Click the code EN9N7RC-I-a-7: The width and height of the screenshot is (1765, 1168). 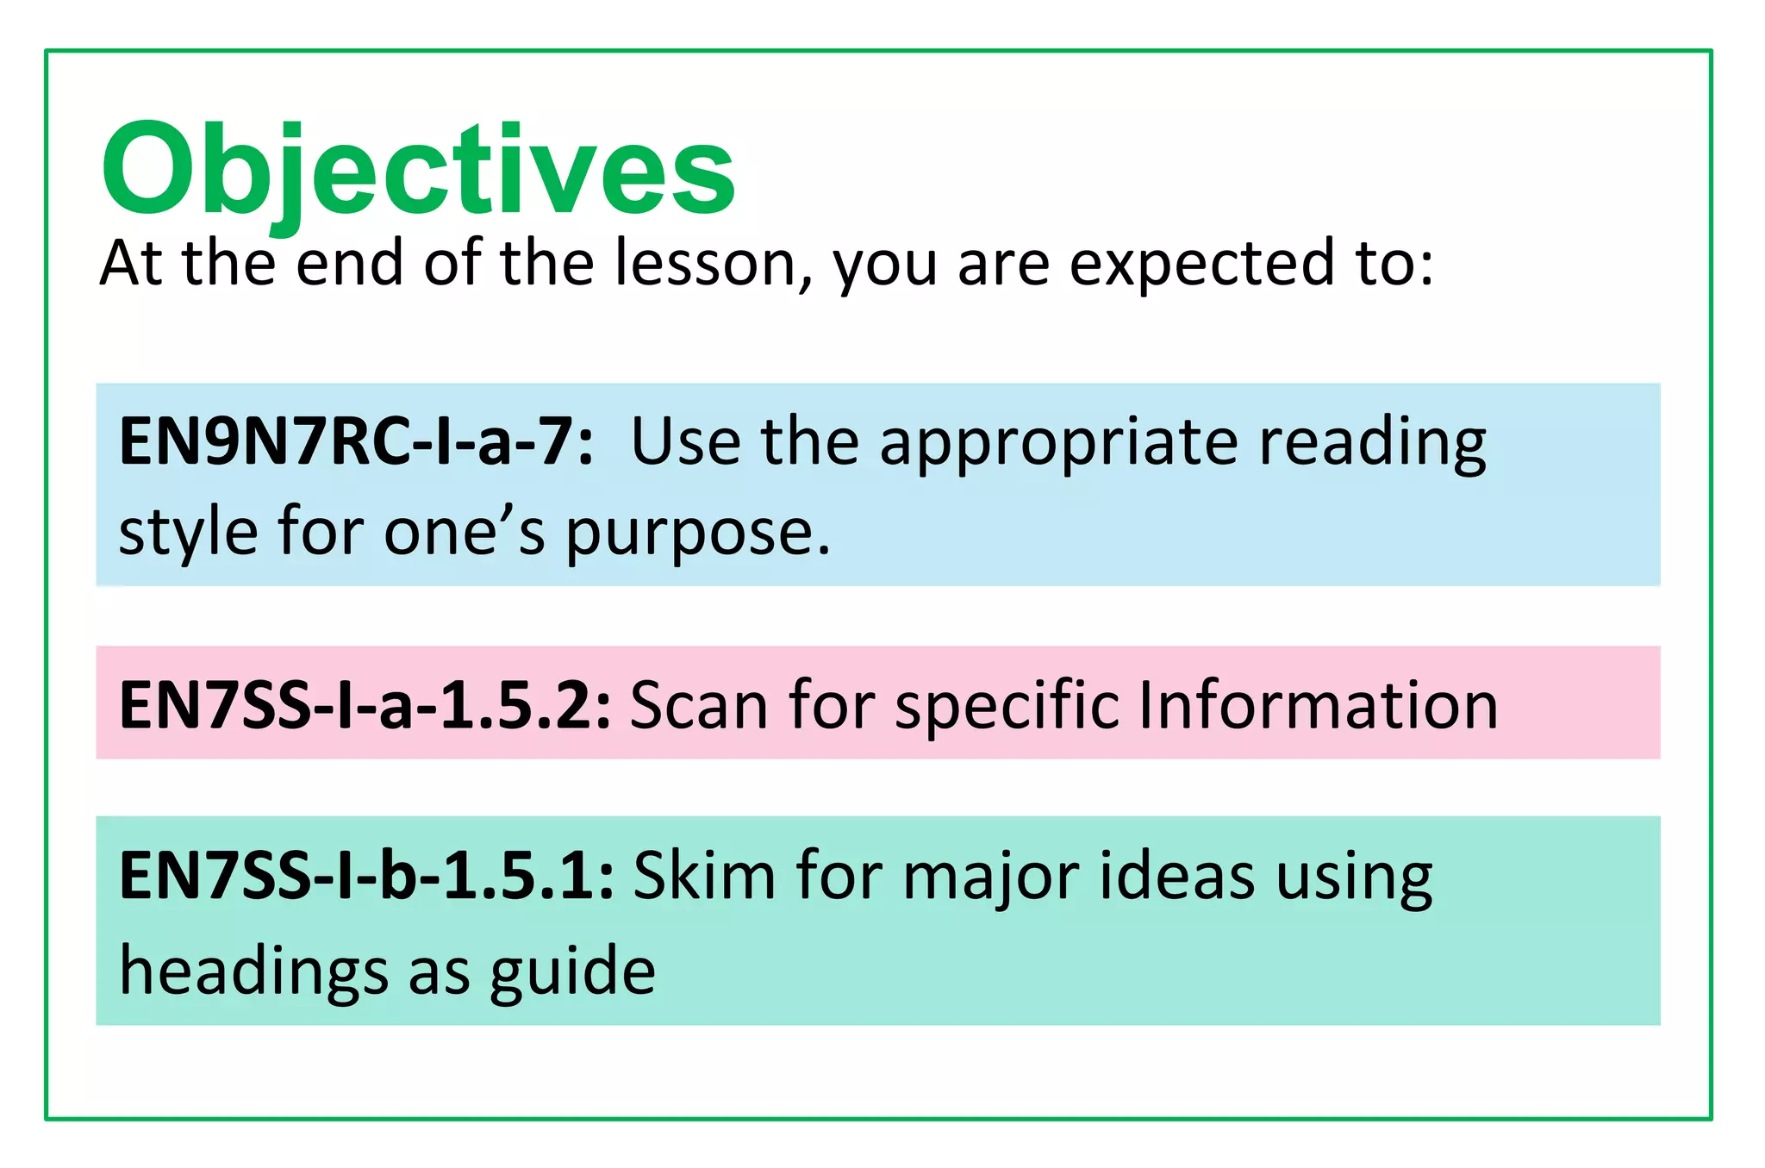356,442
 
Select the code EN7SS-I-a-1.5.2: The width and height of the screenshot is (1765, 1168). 365,705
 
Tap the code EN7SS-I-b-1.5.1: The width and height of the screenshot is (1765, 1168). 366,876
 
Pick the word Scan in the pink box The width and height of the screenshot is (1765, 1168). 699,705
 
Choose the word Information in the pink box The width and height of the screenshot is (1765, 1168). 1318,705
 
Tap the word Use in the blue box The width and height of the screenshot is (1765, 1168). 685,442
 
